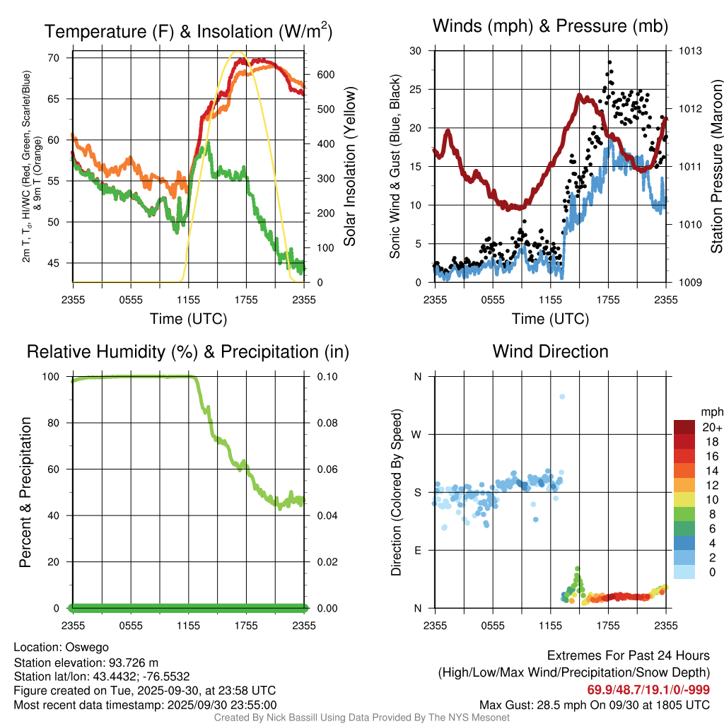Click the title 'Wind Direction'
(x=550, y=351)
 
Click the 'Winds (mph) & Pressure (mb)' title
(x=550, y=27)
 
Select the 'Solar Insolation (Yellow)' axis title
(x=350, y=167)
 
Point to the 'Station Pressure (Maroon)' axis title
(x=716, y=167)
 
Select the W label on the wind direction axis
(x=417, y=434)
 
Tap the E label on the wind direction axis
(x=417, y=550)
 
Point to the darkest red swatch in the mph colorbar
(x=685, y=427)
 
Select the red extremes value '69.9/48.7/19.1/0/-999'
(x=648, y=689)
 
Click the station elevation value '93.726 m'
(x=132, y=662)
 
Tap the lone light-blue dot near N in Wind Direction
(x=562, y=397)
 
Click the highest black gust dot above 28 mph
(x=609, y=62)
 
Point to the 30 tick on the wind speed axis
(x=416, y=51)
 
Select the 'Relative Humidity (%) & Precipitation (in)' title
(x=187, y=351)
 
